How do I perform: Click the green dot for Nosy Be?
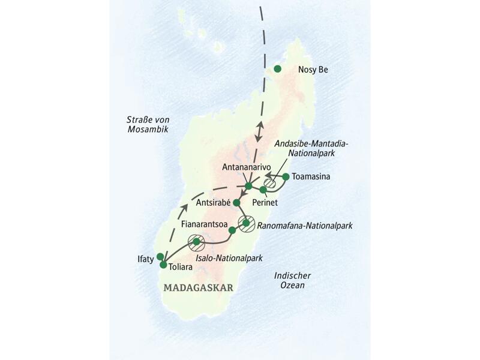pos(277,69)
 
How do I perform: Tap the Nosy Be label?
pos(313,70)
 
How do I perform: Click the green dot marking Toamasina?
pos(286,176)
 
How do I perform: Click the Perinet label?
pos(278,203)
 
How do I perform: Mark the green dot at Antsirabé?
pos(236,203)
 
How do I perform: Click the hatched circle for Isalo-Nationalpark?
pos(196,242)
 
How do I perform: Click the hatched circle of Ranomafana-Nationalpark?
pos(247,223)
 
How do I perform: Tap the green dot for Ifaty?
pos(160,256)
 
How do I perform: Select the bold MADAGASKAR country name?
pos(197,287)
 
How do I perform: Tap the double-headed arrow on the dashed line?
pos(260,131)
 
